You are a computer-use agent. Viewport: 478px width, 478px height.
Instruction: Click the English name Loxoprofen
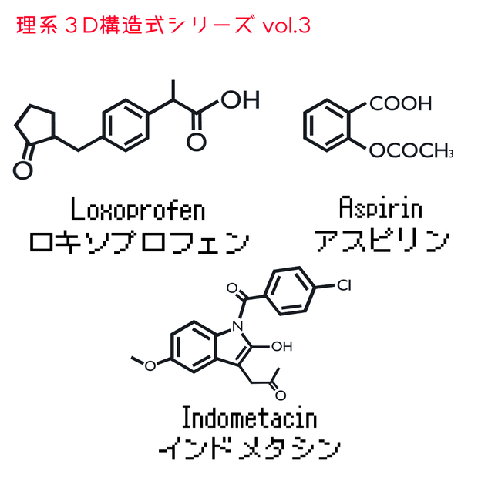click(x=138, y=209)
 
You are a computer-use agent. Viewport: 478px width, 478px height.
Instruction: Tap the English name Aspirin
click(x=381, y=207)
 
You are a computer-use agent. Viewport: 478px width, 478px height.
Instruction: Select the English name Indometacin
click(x=249, y=417)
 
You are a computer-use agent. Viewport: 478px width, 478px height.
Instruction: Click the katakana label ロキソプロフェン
click(x=140, y=243)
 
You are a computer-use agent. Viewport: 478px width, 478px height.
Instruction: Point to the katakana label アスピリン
click(x=382, y=241)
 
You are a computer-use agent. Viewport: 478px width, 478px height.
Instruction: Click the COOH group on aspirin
click(x=401, y=103)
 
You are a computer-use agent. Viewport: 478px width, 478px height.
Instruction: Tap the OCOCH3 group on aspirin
click(x=411, y=150)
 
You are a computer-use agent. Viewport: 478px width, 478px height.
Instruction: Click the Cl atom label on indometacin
click(x=344, y=285)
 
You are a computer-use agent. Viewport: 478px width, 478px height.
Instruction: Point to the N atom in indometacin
click(x=237, y=326)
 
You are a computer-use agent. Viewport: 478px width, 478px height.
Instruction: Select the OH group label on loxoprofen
click(x=241, y=99)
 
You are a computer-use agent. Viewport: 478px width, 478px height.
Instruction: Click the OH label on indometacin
click(x=282, y=346)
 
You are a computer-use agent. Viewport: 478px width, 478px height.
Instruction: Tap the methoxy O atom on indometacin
click(x=150, y=365)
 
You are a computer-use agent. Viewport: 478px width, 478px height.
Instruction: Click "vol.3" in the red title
click(x=287, y=26)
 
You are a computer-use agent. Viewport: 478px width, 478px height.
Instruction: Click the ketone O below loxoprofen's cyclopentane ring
click(x=23, y=170)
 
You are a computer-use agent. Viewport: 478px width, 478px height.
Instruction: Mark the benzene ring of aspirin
click(x=326, y=126)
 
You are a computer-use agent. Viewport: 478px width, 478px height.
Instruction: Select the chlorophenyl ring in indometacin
click(x=290, y=291)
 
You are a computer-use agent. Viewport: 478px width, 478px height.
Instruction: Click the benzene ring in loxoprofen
click(x=126, y=126)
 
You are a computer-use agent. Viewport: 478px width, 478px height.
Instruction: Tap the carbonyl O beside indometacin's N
click(x=232, y=288)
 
